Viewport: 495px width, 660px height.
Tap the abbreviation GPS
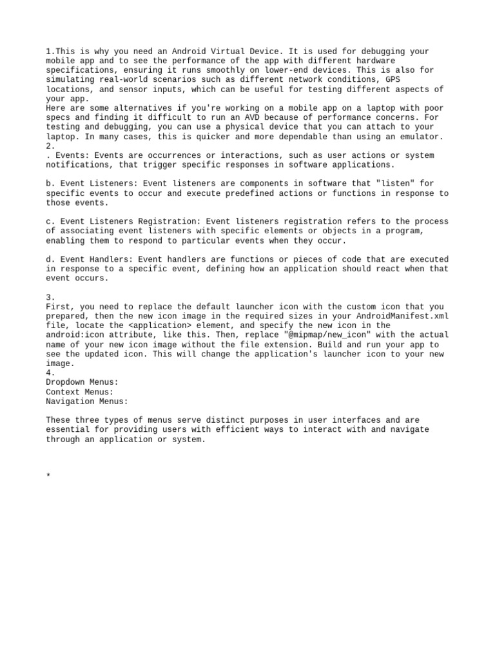point(393,79)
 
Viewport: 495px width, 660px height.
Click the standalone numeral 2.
point(51,146)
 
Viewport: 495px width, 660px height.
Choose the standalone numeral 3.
point(51,297)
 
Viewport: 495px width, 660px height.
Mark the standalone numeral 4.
point(51,373)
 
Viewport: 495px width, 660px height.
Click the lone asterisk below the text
point(48,477)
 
